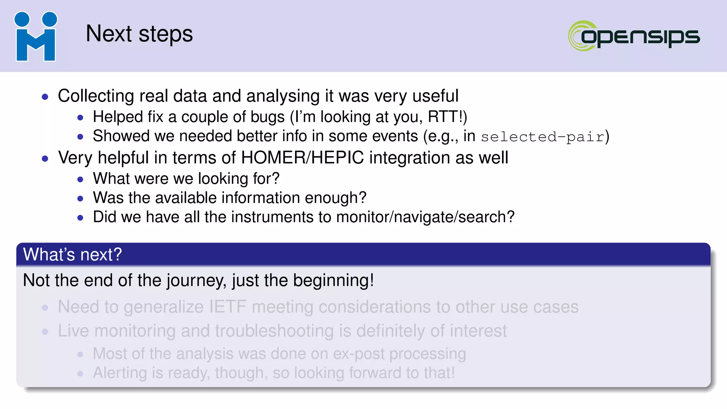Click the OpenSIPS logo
[x=634, y=36]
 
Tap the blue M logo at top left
[x=35, y=37]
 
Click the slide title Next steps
[x=139, y=34]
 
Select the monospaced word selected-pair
[x=542, y=137]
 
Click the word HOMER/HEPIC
[x=302, y=158]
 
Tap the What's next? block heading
[x=72, y=255]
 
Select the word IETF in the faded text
[x=227, y=307]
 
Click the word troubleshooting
[x=274, y=331]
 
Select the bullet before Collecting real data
[x=45, y=97]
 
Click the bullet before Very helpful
[x=45, y=158]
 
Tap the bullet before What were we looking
[x=80, y=179]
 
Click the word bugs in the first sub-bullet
[x=267, y=117]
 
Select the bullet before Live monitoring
[x=45, y=332]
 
